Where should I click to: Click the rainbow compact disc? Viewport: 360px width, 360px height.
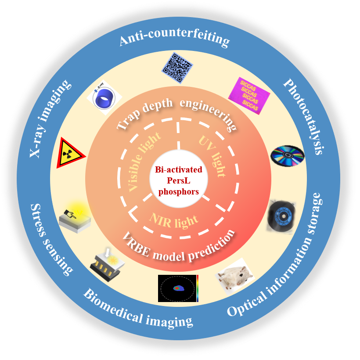[288, 155]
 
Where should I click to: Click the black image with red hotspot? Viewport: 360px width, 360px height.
[178, 288]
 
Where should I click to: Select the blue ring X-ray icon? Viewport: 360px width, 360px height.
[102, 98]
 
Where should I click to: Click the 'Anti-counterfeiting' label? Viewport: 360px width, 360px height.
[174, 40]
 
